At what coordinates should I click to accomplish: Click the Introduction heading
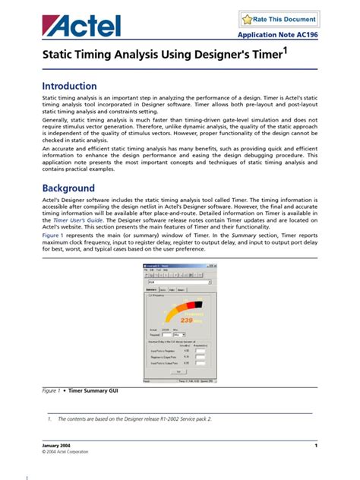[x=69, y=86]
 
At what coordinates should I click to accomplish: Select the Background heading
[x=68, y=188]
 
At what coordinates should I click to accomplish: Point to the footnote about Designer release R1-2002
[x=129, y=418]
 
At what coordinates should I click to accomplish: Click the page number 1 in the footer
[x=315, y=444]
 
